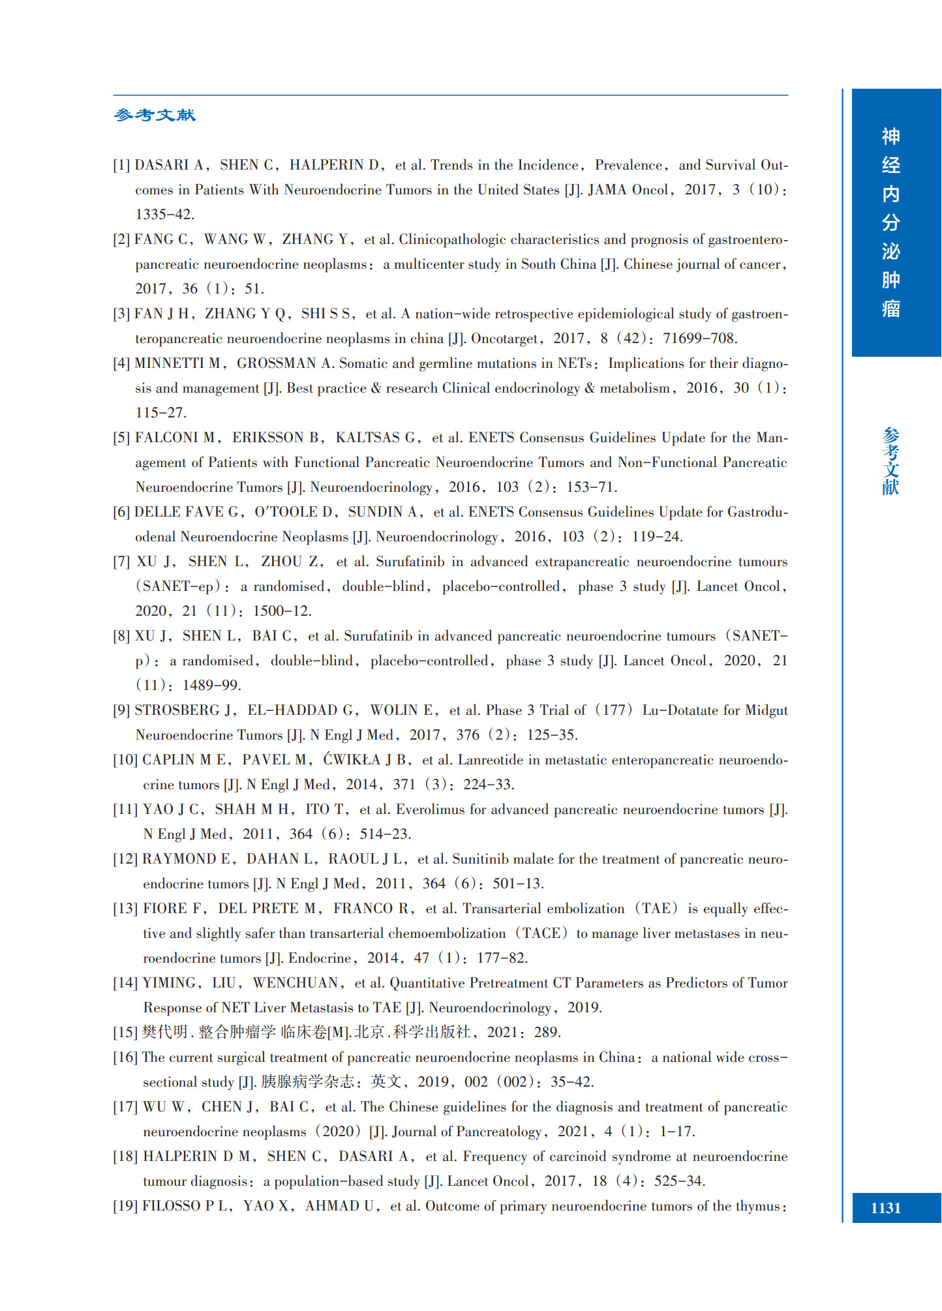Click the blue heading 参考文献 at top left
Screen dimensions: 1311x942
point(155,115)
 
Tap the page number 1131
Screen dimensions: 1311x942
point(885,1208)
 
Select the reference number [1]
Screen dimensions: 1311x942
point(122,165)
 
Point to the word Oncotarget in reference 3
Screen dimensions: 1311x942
point(505,339)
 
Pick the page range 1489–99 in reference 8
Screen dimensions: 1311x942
point(211,686)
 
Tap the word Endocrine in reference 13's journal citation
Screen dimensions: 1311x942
point(320,958)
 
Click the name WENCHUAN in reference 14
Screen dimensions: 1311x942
point(296,983)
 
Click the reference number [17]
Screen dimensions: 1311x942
point(125,1107)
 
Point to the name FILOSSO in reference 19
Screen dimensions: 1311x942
point(171,1206)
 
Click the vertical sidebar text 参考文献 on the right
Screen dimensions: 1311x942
point(890,461)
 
